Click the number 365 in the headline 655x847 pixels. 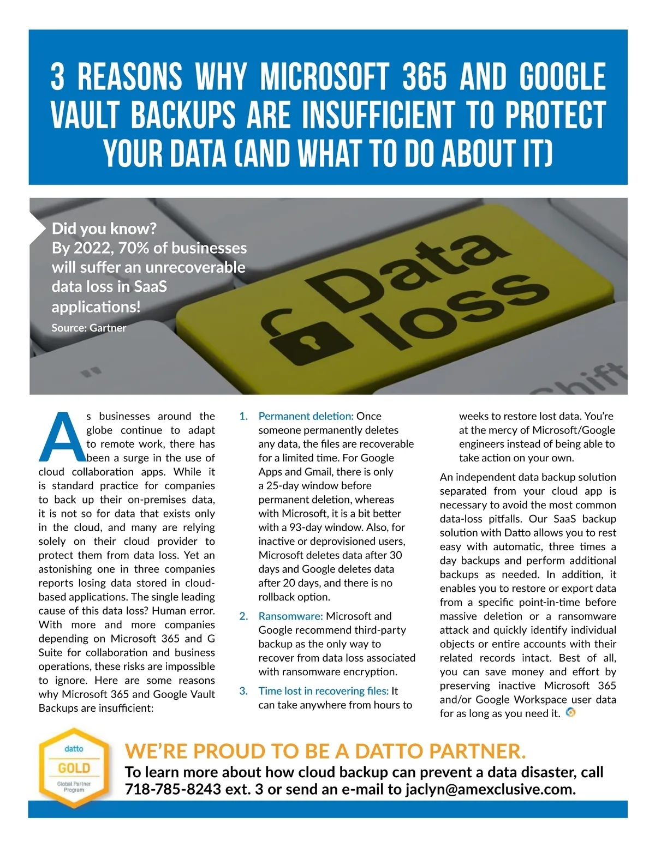[424, 77]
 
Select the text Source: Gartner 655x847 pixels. [88, 328]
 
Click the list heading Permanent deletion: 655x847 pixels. [306, 416]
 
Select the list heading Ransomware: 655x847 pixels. [290, 616]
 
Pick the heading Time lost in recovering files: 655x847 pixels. [323, 691]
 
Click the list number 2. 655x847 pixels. [243, 616]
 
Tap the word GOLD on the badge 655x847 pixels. [74, 768]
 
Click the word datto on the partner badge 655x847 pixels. [74, 749]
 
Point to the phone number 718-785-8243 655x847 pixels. [173, 789]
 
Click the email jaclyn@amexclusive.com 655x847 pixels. [490, 789]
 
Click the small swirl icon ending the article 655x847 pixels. [571, 712]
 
